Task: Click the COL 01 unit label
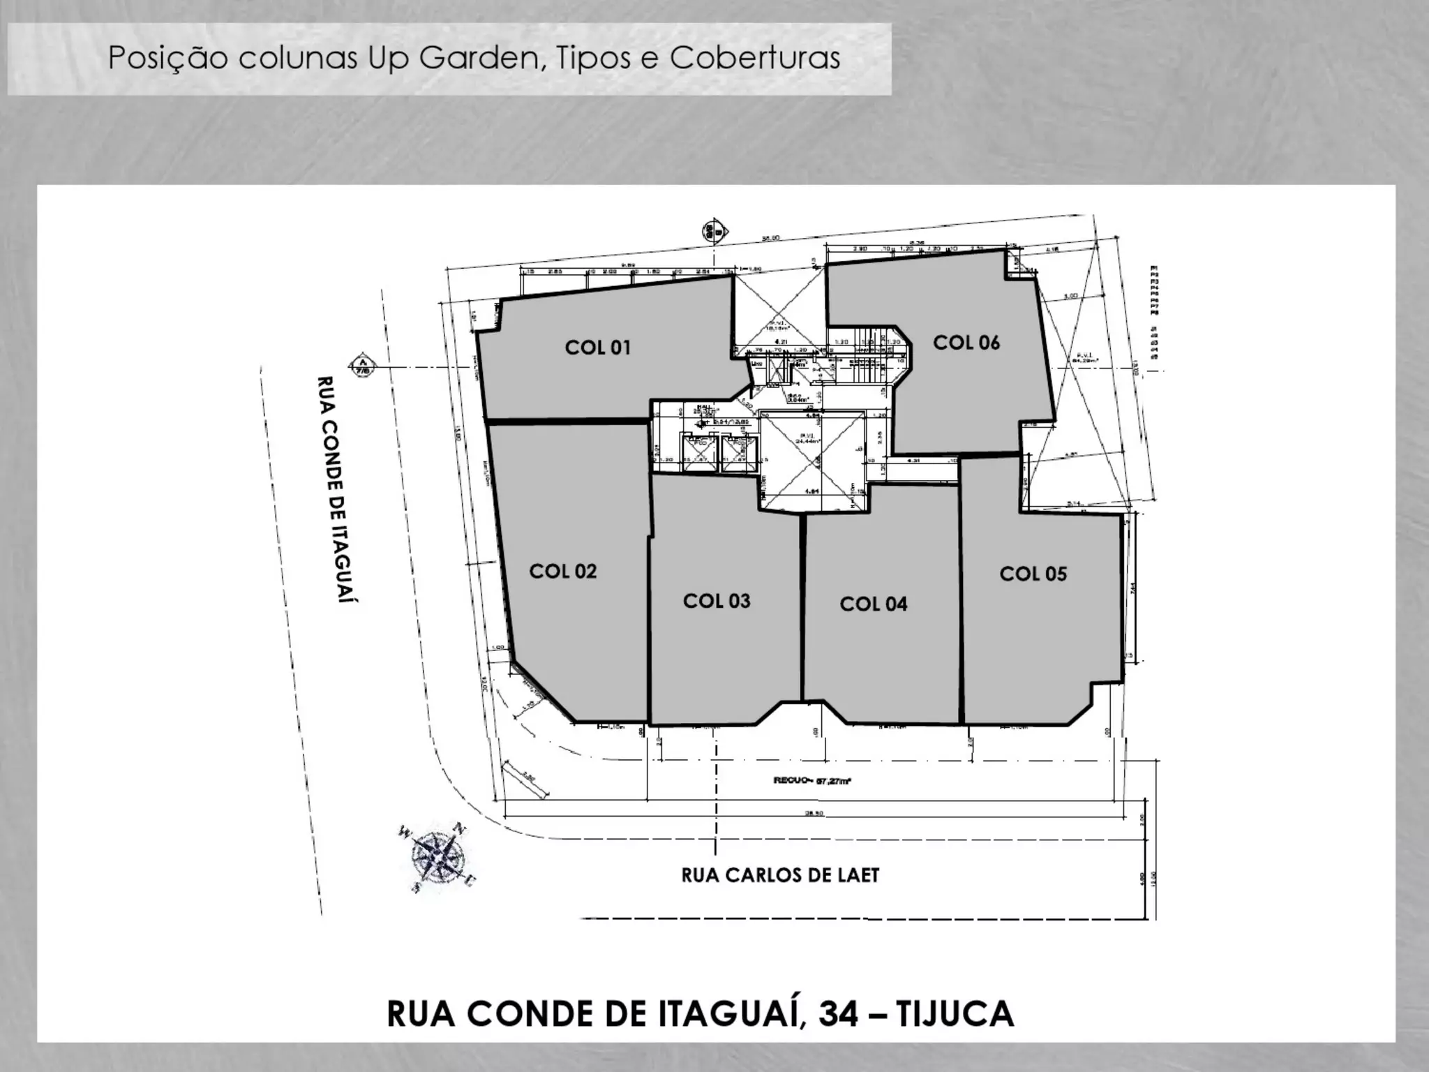coord(597,347)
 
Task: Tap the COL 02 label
coord(562,571)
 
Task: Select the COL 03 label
coord(717,601)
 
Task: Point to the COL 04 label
coord(873,604)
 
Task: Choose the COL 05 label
coord(1033,574)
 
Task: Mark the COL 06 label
coord(966,342)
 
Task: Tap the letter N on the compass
coord(458,828)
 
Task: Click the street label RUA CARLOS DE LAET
coord(780,874)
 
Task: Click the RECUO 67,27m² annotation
coord(812,781)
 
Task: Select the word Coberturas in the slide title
coord(755,59)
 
